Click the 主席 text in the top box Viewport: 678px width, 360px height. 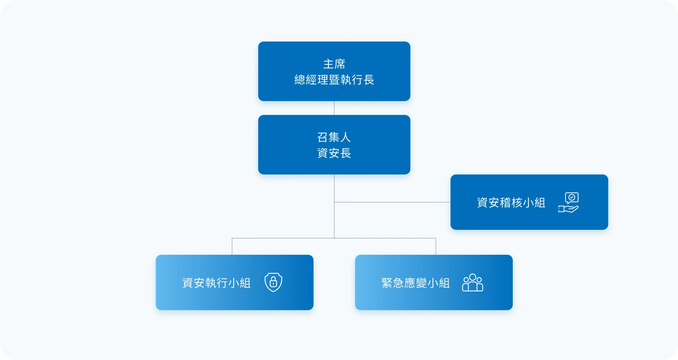(x=334, y=64)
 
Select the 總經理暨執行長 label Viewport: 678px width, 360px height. (x=334, y=80)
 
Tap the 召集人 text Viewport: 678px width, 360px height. (x=334, y=137)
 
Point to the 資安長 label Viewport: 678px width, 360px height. (x=334, y=153)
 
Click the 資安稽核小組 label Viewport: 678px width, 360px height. (x=511, y=202)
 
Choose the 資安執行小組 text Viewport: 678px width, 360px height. (x=216, y=283)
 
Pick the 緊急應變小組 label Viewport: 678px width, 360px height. (x=415, y=283)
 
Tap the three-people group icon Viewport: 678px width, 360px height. (x=473, y=283)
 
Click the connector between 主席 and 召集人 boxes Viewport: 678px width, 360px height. (x=334, y=108)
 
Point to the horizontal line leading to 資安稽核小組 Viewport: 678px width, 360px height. (x=392, y=202)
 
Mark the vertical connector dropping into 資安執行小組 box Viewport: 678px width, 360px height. (x=232, y=246)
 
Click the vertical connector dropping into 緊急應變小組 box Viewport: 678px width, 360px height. (x=436, y=246)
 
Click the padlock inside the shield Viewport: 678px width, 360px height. (x=273, y=282)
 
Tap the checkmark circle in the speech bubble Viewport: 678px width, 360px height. (x=572, y=197)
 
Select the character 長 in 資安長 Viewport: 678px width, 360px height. (x=346, y=153)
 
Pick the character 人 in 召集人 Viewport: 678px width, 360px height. (x=346, y=137)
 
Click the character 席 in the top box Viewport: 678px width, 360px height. (x=340, y=64)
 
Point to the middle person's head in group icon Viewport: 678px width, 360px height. (x=473, y=277)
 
